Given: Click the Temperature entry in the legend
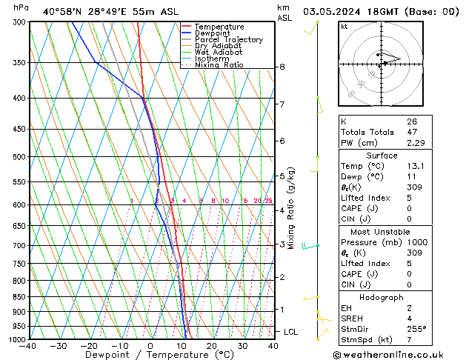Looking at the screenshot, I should tap(219, 27).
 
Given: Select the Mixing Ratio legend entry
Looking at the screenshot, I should tap(219, 65).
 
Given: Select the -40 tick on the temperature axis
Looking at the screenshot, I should tap(28, 346).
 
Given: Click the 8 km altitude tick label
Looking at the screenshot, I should tap(282, 67).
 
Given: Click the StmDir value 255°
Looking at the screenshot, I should tap(415, 330).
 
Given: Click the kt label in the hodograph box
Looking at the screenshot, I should tap(344, 27).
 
